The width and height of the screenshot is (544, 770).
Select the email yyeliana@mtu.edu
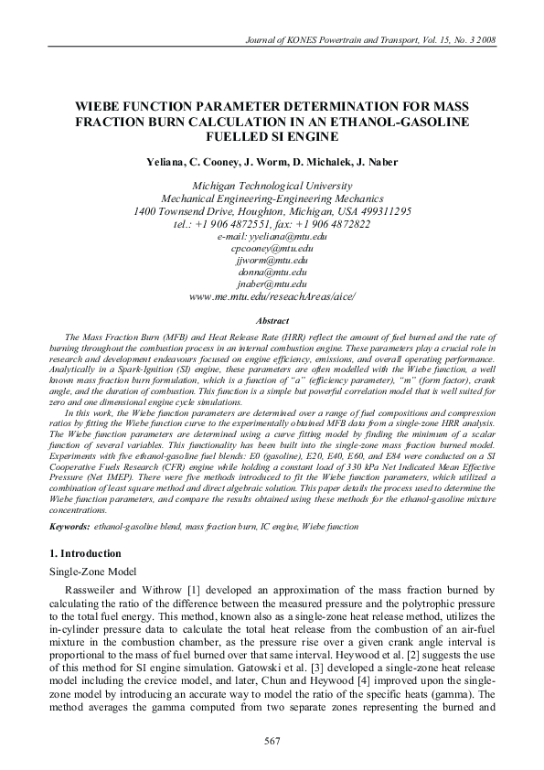[x=272, y=236]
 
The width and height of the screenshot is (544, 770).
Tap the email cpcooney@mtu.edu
[x=272, y=248]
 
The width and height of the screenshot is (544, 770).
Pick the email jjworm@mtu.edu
[x=272, y=260]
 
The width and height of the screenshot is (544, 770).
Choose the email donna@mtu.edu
[x=272, y=272]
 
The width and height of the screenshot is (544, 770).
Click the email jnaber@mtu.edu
[x=272, y=283]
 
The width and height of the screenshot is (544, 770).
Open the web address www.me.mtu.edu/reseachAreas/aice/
[x=272, y=296]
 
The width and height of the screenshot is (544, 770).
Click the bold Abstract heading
[x=272, y=321]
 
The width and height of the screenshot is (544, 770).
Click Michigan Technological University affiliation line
[x=272, y=185]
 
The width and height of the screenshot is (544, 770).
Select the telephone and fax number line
[x=272, y=224]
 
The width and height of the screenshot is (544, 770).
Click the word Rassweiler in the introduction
[x=104, y=591]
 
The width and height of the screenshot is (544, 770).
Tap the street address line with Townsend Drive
[x=272, y=211]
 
